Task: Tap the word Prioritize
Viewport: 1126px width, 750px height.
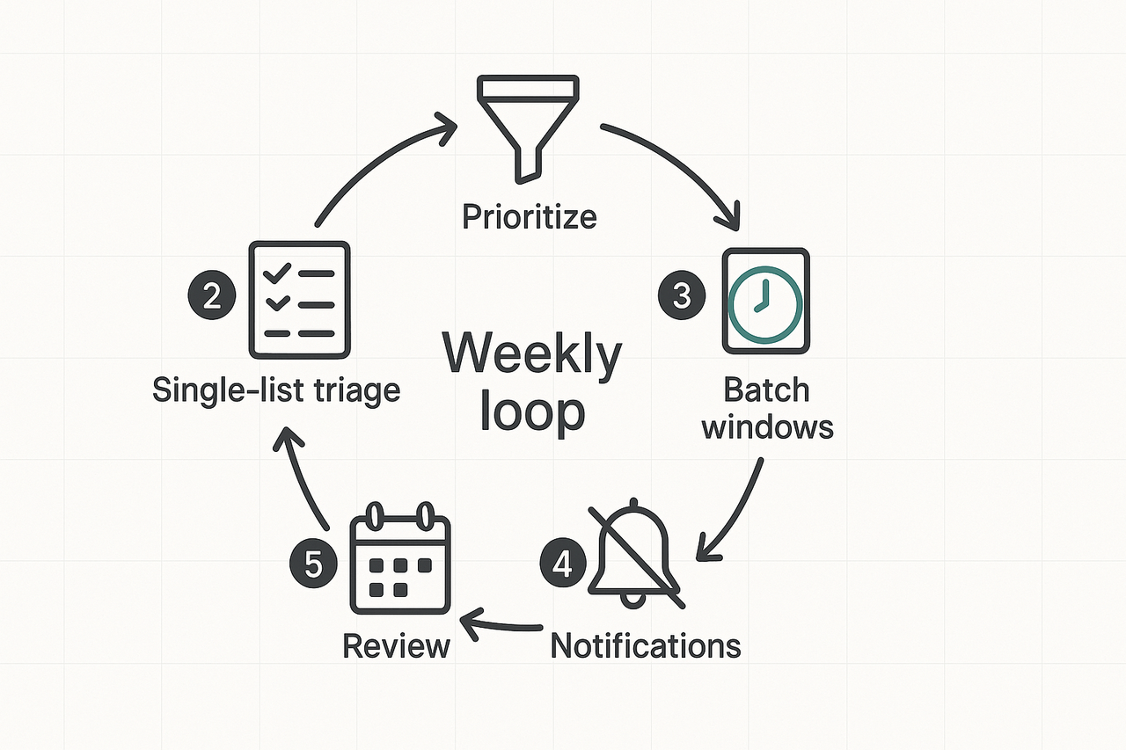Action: coord(530,215)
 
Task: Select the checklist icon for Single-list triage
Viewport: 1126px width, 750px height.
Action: coord(299,299)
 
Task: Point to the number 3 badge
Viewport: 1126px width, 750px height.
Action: coord(682,296)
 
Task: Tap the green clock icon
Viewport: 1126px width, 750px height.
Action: coord(765,302)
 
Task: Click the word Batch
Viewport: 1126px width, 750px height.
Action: coord(766,390)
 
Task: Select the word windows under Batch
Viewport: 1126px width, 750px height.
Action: coord(768,428)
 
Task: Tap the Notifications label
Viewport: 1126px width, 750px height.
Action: coord(646,646)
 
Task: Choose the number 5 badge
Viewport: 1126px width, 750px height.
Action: coord(312,563)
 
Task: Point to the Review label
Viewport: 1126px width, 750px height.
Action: coord(396,646)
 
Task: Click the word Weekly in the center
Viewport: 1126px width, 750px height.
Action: coord(532,354)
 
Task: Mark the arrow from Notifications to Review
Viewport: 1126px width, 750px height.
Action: coord(501,626)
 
